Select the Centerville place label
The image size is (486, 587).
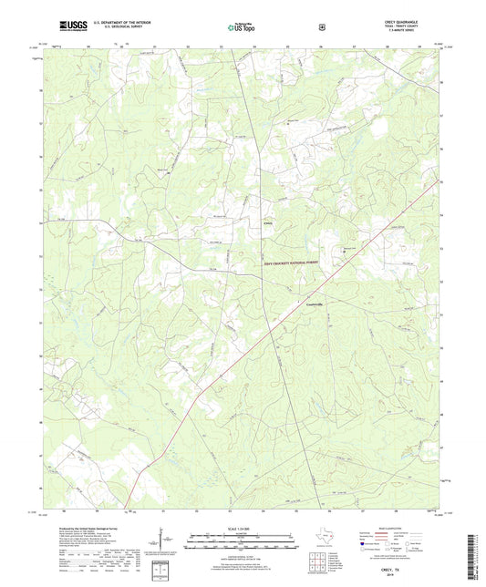coord(313,304)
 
